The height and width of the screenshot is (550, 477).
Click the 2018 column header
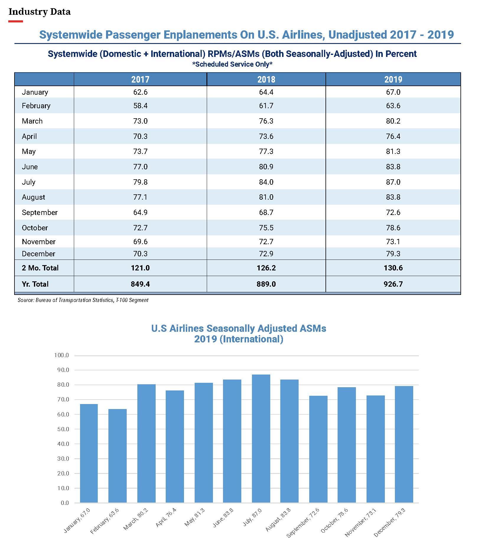[266, 79]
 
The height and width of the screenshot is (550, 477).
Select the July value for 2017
[140, 182]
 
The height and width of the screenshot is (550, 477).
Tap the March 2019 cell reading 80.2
[393, 121]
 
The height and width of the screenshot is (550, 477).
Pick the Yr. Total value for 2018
[266, 284]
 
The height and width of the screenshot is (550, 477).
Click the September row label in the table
[40, 212]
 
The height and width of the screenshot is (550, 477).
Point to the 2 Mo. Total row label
[40, 268]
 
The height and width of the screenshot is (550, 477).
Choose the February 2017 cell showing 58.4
[140, 106]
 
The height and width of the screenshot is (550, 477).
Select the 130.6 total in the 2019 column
[393, 268]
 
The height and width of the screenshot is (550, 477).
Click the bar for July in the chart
[261, 439]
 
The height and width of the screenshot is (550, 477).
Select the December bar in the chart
[404, 444]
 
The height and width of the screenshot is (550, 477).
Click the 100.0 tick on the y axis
[61, 355]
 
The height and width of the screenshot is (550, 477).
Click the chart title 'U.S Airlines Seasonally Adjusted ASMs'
[239, 329]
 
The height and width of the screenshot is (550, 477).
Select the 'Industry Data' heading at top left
[40, 12]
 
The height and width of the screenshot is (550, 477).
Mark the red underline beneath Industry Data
[16, 21]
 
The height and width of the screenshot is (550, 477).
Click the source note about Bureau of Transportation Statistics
[83, 300]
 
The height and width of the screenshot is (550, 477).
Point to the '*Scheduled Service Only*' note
[232, 64]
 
